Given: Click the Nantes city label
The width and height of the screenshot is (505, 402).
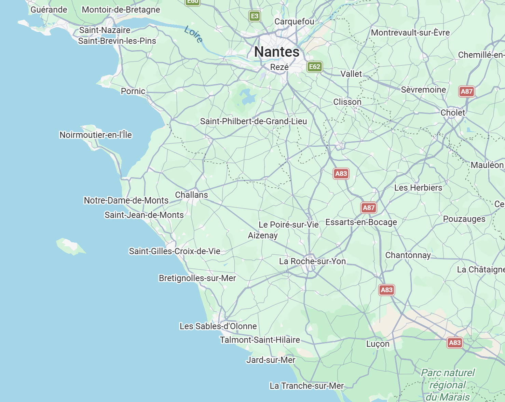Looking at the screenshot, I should [277, 52].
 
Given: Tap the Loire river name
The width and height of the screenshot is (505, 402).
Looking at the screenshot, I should [194, 34].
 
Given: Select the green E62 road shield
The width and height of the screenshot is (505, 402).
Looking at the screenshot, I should [314, 67].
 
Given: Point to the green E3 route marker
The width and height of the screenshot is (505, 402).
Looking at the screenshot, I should [255, 16].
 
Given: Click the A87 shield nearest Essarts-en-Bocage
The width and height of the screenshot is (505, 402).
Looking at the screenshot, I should [368, 207].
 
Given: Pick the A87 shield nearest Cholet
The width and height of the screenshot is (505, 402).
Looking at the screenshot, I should [466, 91].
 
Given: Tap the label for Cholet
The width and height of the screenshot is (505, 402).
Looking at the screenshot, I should [452, 112].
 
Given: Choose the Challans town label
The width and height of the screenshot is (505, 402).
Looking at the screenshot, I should [191, 195].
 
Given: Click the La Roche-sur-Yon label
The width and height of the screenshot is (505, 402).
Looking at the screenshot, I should [312, 261].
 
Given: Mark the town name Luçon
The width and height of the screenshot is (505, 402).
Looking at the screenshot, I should [378, 344].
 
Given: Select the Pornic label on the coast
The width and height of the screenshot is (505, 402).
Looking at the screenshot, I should [133, 91].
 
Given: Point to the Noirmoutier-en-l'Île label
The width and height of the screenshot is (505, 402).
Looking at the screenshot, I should [96, 135].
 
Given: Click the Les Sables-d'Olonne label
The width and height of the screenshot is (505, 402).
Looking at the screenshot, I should [218, 326].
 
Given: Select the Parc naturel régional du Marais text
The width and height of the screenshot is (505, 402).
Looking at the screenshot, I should [448, 385].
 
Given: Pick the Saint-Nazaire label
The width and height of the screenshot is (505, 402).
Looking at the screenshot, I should [105, 30].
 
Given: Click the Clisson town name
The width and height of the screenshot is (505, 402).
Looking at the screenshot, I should [347, 102].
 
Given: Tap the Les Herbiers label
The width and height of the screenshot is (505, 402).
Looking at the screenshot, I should [418, 188].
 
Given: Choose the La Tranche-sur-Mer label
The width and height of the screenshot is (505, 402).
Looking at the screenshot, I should [306, 386].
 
